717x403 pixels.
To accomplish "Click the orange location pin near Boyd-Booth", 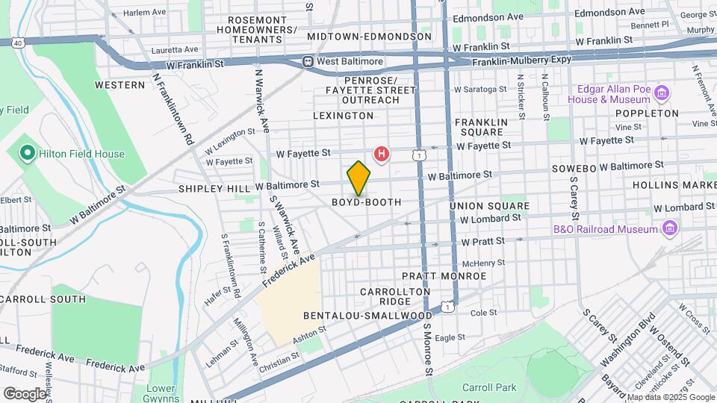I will [x=358, y=178].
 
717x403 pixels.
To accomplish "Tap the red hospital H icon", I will [x=382, y=154].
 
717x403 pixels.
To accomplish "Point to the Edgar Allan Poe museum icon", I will [x=661, y=93].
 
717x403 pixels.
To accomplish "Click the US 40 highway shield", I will [x=17, y=43].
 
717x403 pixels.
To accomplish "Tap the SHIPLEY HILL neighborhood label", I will [x=207, y=190].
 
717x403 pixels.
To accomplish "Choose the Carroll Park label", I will [x=489, y=387].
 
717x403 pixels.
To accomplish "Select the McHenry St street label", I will [x=484, y=263].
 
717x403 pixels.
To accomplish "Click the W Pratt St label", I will [x=484, y=242].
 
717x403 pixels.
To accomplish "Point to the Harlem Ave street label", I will [x=144, y=13].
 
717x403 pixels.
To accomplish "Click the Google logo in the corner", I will [x=25, y=393].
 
